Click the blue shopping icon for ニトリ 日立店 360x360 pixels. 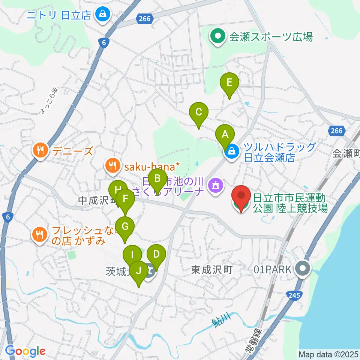coord(101,15)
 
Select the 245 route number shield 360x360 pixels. coord(294,296)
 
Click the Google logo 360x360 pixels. coord(25,351)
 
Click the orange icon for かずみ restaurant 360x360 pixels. coord(40,235)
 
